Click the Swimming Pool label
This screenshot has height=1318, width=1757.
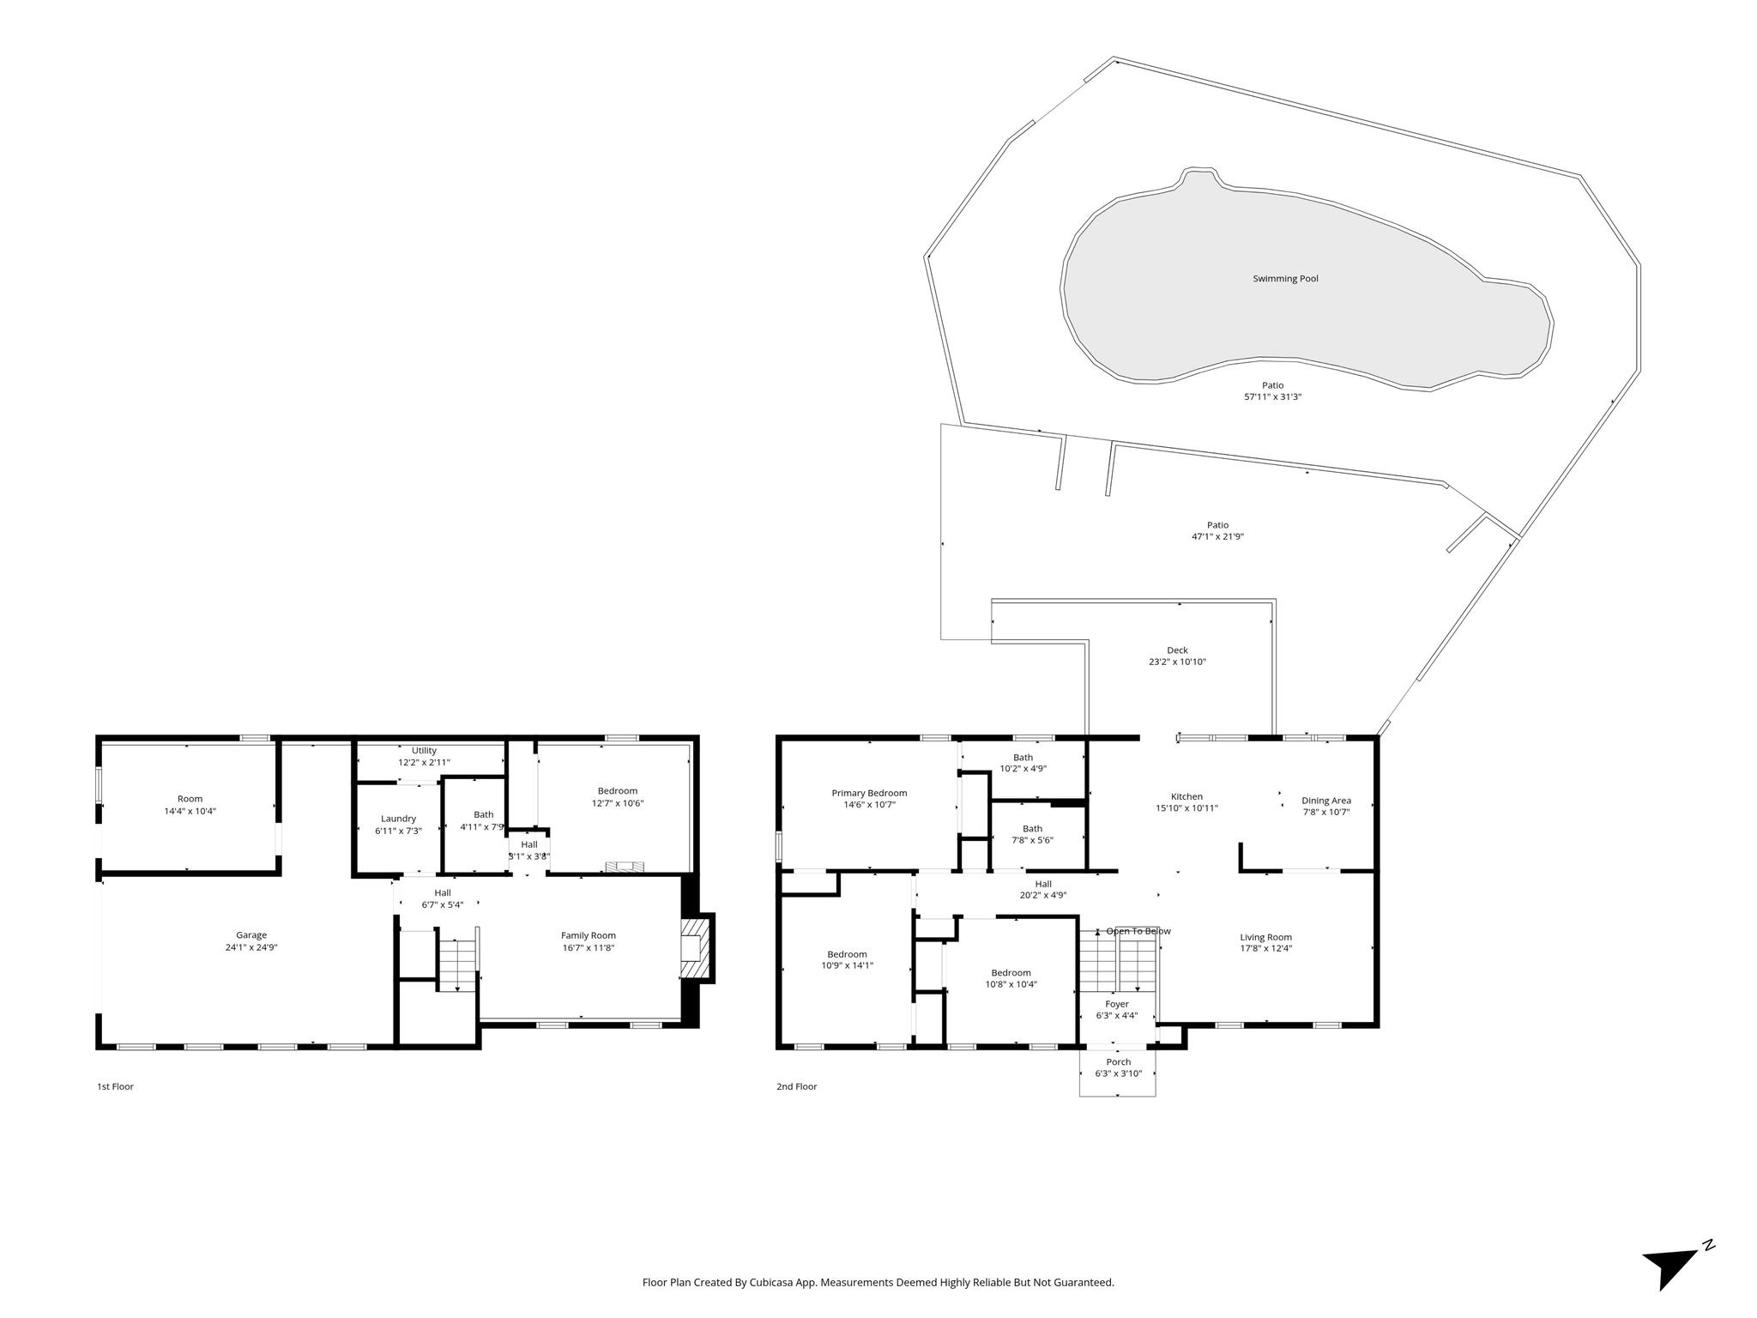pos(1285,279)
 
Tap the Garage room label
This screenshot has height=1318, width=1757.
pos(251,935)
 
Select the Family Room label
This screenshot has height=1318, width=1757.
pos(589,935)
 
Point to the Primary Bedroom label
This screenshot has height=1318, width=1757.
pos(869,793)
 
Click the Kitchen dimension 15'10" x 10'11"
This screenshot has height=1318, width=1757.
pos(1187,807)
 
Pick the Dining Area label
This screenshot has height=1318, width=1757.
pos(1326,801)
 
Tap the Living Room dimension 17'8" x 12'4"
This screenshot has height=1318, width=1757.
pos(1266,948)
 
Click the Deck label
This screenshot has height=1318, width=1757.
pos(1178,650)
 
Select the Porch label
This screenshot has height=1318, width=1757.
pos(1119,1061)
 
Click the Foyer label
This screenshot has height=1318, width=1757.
pos(1117,1004)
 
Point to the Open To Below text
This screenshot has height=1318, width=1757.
pos(1138,931)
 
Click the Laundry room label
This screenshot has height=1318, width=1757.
pos(398,819)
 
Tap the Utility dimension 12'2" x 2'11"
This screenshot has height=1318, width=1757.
pos(424,762)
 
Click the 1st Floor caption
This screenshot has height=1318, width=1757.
pos(115,1086)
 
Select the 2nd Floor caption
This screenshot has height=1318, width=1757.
pos(797,1086)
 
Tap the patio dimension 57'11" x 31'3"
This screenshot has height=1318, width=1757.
pos(1273,397)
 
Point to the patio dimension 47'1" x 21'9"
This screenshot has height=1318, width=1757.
pos(1217,536)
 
